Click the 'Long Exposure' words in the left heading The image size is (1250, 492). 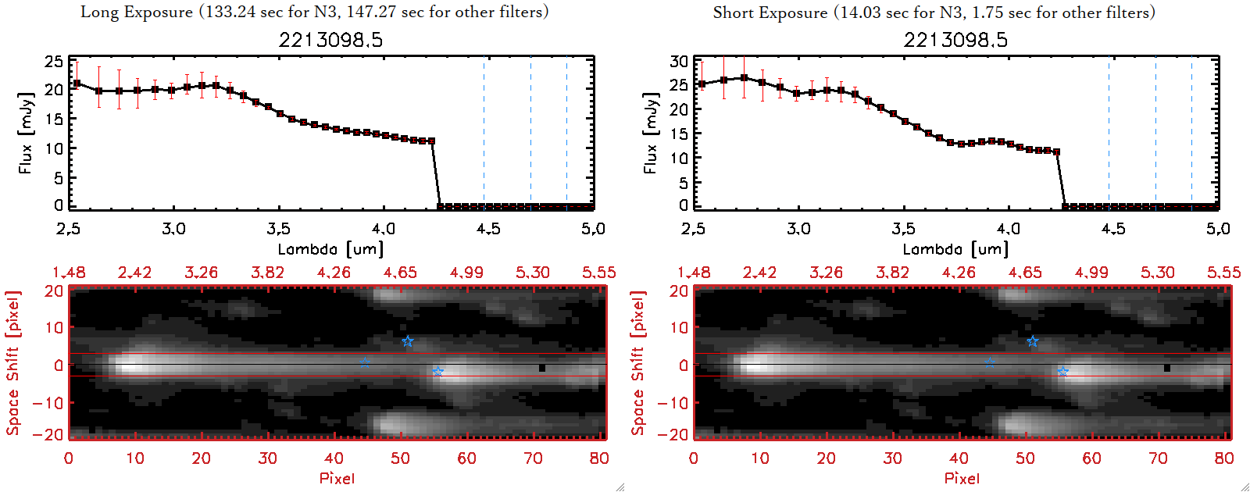137,12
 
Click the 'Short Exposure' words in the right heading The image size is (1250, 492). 770,12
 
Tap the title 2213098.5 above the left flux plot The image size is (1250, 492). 330,40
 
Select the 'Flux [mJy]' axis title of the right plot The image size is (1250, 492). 650,133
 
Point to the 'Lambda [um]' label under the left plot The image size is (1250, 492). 330,249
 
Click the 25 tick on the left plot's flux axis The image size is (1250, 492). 54,61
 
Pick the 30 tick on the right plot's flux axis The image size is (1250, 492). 679,61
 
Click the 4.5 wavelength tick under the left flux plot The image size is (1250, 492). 488,229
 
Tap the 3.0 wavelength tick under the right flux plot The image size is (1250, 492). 798,229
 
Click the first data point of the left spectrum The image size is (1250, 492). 77,84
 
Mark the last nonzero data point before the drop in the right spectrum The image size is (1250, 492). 1057,152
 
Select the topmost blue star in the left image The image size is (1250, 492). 408,341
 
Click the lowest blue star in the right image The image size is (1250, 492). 1062,372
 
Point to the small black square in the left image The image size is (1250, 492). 541,367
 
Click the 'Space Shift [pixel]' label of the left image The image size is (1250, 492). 12,363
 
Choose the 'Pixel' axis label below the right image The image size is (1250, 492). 962,478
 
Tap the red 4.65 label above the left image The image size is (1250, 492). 400,273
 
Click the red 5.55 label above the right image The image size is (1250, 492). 1223,273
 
